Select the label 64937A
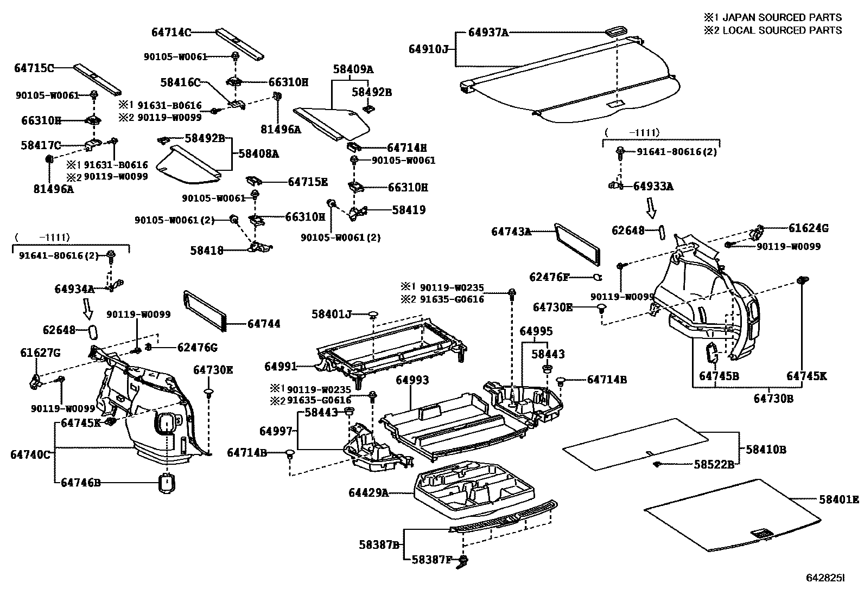point(488,33)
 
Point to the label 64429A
point(369,492)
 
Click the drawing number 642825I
point(825,579)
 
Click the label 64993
point(412,380)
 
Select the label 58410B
point(766,449)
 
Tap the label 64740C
point(30,454)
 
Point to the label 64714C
point(171,33)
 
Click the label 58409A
point(353,69)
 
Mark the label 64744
point(264,324)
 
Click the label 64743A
point(511,232)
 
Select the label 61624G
point(808,228)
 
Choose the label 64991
point(281,367)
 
